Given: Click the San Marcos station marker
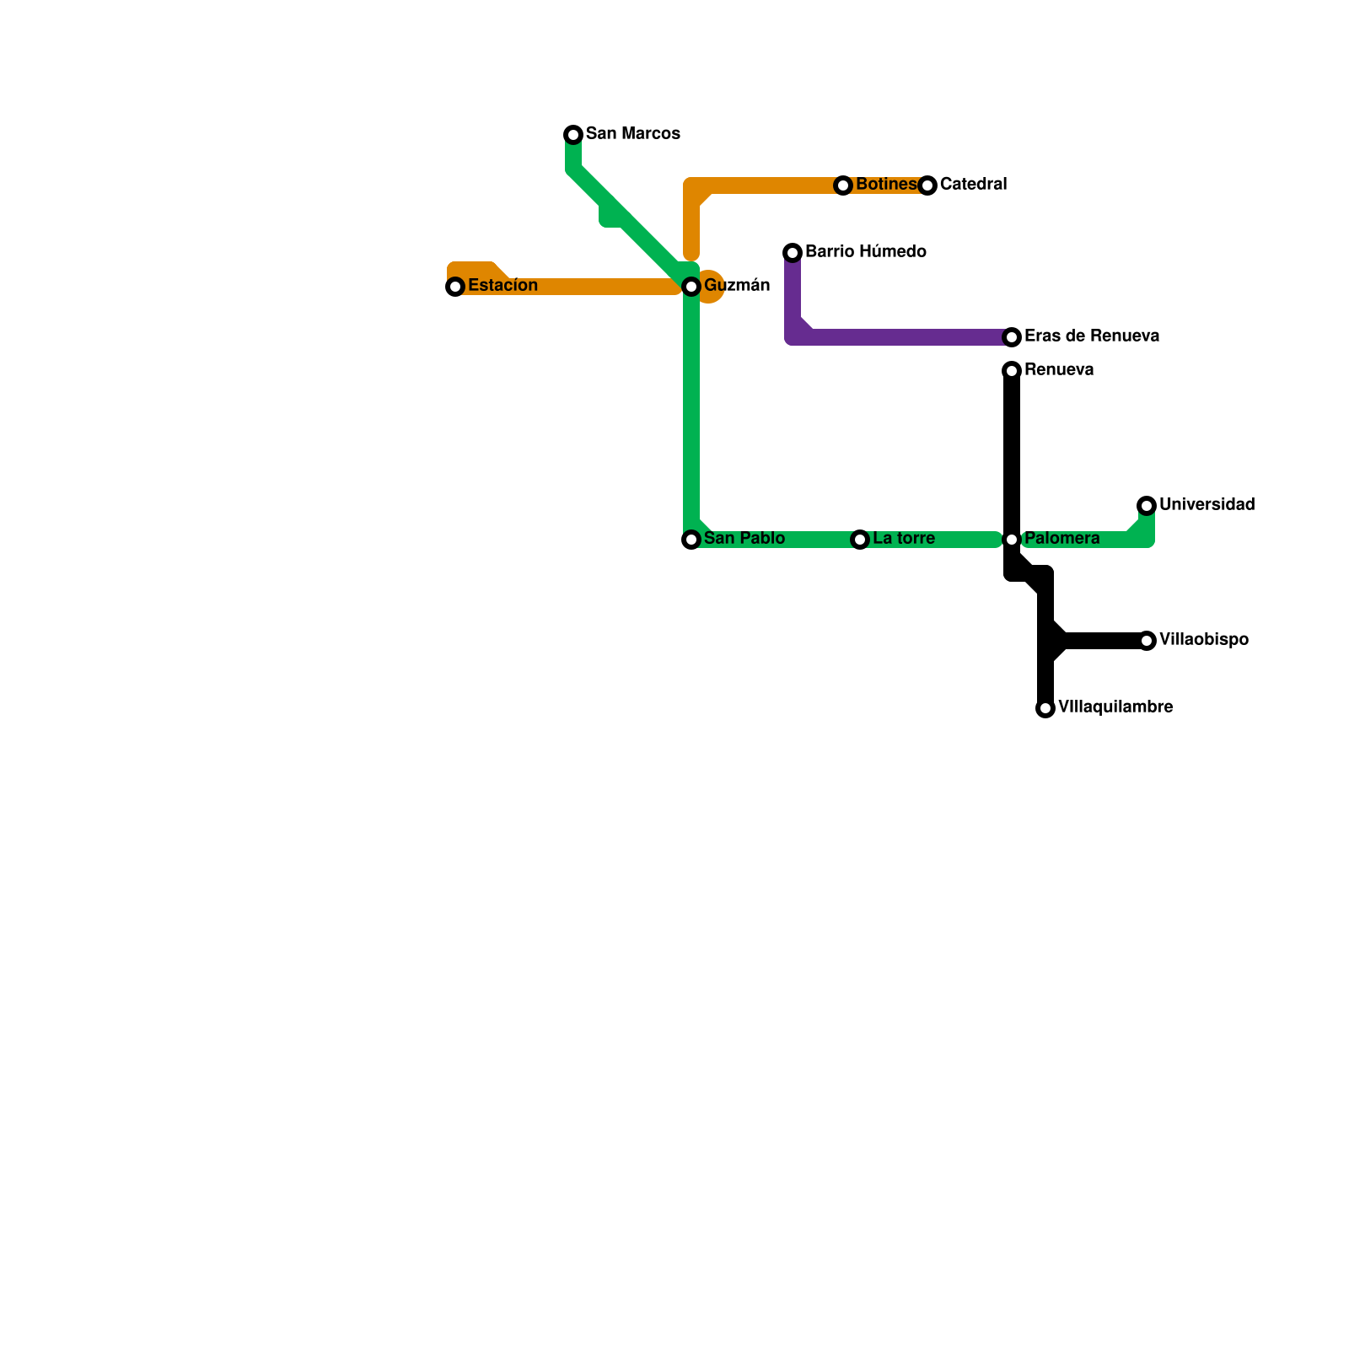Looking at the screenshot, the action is tap(573, 135).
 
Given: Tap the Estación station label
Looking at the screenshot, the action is tap(503, 286).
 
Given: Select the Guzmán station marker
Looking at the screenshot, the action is tap(691, 287).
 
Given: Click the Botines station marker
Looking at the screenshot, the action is tap(843, 185).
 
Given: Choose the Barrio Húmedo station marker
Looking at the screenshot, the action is tap(793, 253).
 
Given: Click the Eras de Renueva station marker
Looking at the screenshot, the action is tap(1012, 337).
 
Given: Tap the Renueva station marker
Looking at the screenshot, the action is tap(1012, 371).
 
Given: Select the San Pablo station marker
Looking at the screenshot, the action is tap(691, 540).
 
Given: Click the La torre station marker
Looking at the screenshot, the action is tap(860, 540).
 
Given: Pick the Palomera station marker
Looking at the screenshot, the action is tap(1012, 540).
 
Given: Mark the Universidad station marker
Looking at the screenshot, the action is tap(1147, 506).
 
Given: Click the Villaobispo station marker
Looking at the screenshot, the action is tap(1147, 641).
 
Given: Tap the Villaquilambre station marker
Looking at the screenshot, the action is tap(1045, 708).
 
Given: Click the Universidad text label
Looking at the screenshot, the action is tap(1207, 505).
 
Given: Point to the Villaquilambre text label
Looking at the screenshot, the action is tap(1115, 707).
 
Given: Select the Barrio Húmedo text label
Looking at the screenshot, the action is tap(865, 252).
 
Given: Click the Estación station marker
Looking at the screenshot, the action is tap(455, 287).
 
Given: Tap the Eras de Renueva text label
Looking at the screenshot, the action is tap(1091, 336).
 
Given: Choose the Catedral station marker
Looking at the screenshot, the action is tap(927, 185).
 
